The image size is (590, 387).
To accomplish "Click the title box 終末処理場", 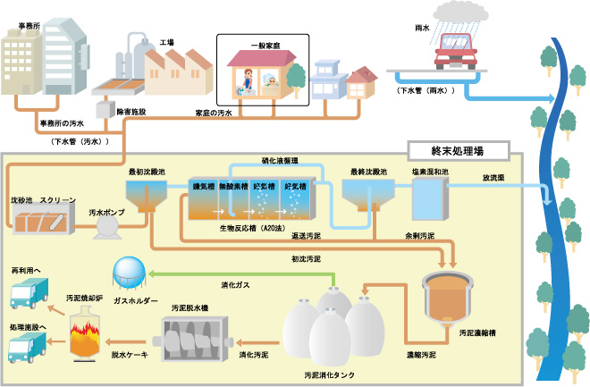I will click(458, 149).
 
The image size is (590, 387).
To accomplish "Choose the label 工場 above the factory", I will click(166, 42).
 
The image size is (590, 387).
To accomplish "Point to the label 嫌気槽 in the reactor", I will click(204, 188).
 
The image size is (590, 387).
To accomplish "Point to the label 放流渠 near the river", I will click(495, 177).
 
